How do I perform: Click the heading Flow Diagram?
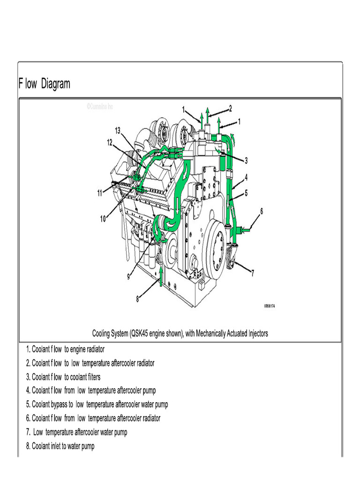click(45, 84)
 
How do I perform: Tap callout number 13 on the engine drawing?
click(117, 130)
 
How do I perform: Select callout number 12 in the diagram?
click(109, 142)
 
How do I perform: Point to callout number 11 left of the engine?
click(100, 193)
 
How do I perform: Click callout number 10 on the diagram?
click(103, 218)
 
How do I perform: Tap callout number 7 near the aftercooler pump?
click(253, 272)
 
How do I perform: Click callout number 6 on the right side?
click(262, 211)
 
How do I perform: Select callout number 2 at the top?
click(230, 108)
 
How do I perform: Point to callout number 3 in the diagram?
click(246, 160)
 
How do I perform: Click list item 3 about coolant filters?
click(63, 377)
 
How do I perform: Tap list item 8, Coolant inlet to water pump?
click(60, 446)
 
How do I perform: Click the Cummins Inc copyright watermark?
click(99, 106)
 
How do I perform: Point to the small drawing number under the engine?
click(270, 306)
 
